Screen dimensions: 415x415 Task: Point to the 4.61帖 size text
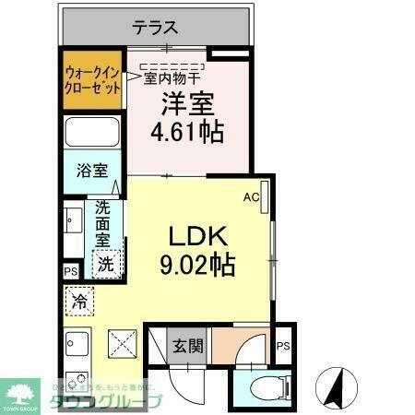pos(186,131)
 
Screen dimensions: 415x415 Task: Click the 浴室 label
pos(91,171)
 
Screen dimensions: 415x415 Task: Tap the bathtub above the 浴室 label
pos(92,135)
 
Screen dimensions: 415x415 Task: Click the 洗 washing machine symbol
pos(108,263)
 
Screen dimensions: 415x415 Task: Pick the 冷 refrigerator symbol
pos(79,301)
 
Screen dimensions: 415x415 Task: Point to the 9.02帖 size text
pos(196,266)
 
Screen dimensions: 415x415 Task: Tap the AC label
pos(250,196)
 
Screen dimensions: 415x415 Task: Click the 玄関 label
pos(188,347)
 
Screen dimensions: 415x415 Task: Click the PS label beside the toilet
pos(283,346)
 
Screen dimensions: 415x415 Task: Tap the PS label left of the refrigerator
pos(70,270)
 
